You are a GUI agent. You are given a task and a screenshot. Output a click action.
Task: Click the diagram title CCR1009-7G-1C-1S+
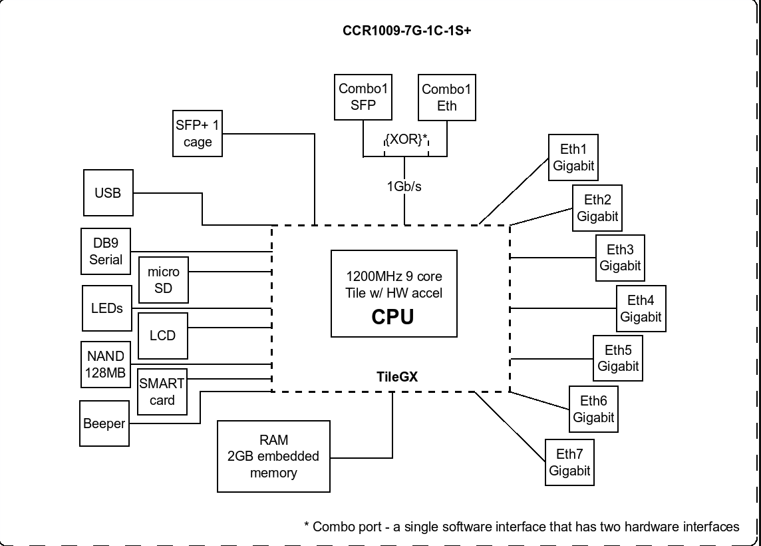coord(406,31)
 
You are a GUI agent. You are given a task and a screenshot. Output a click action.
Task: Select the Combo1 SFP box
coord(363,97)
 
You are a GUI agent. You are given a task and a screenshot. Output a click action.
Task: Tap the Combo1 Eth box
coord(446,98)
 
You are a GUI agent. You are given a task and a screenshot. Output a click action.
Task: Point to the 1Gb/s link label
coord(404,186)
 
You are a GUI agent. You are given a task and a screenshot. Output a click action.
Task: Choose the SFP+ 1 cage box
coord(198,134)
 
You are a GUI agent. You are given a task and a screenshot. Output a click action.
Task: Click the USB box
coord(108,193)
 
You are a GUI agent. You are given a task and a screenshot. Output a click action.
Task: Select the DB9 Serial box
coord(106,251)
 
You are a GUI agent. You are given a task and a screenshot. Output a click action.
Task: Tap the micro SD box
coord(164,280)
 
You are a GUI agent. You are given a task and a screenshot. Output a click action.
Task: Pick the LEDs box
coord(107,308)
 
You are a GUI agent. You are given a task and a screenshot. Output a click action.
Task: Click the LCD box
coord(162,336)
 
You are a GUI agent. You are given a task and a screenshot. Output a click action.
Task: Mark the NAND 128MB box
coord(106,364)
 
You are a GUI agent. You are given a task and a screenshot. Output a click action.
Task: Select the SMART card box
coord(162,392)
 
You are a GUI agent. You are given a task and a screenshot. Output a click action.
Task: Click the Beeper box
coord(104,423)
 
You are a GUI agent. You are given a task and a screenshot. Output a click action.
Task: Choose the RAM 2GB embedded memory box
coord(273,456)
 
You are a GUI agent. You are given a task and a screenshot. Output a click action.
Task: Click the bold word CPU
coord(392,317)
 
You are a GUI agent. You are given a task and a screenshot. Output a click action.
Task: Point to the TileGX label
coord(397,377)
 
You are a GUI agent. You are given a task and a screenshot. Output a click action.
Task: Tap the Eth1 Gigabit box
coord(573,157)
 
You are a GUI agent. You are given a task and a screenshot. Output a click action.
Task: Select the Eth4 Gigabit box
coord(641,308)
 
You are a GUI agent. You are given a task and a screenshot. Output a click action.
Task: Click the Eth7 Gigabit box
coord(570,463)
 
